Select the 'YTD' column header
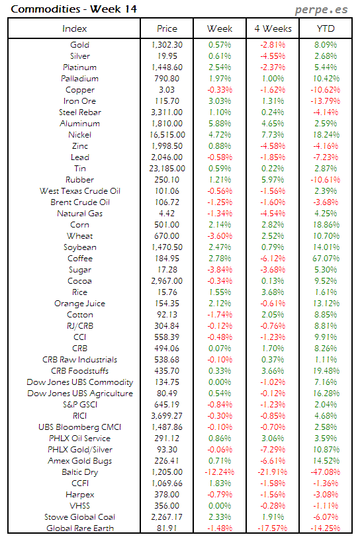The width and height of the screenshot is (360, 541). [x=326, y=28]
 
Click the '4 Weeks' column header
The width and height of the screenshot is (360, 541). [x=273, y=28]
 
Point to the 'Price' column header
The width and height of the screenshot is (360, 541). [x=167, y=28]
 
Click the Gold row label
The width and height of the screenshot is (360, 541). [x=79, y=45]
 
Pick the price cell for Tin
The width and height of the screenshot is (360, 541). [x=167, y=169]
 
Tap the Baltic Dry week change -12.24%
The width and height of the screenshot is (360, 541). [x=220, y=472]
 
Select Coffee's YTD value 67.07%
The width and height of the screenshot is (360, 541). [x=326, y=259]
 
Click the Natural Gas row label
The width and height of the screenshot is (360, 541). [x=79, y=214]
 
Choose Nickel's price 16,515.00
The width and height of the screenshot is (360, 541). [x=167, y=135]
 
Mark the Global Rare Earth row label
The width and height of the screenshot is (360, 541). [x=79, y=528]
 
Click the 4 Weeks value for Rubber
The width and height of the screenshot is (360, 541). [x=273, y=180]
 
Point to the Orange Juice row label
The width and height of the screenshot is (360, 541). [x=79, y=304]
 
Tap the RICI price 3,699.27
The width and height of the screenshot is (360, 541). [x=167, y=416]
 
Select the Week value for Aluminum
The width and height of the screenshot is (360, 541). [x=220, y=124]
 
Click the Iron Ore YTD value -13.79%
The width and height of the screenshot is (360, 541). [x=326, y=101]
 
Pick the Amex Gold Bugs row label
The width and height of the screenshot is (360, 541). [x=79, y=461]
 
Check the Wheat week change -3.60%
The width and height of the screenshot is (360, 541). [x=220, y=236]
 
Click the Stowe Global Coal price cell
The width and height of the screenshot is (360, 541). [x=167, y=517]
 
